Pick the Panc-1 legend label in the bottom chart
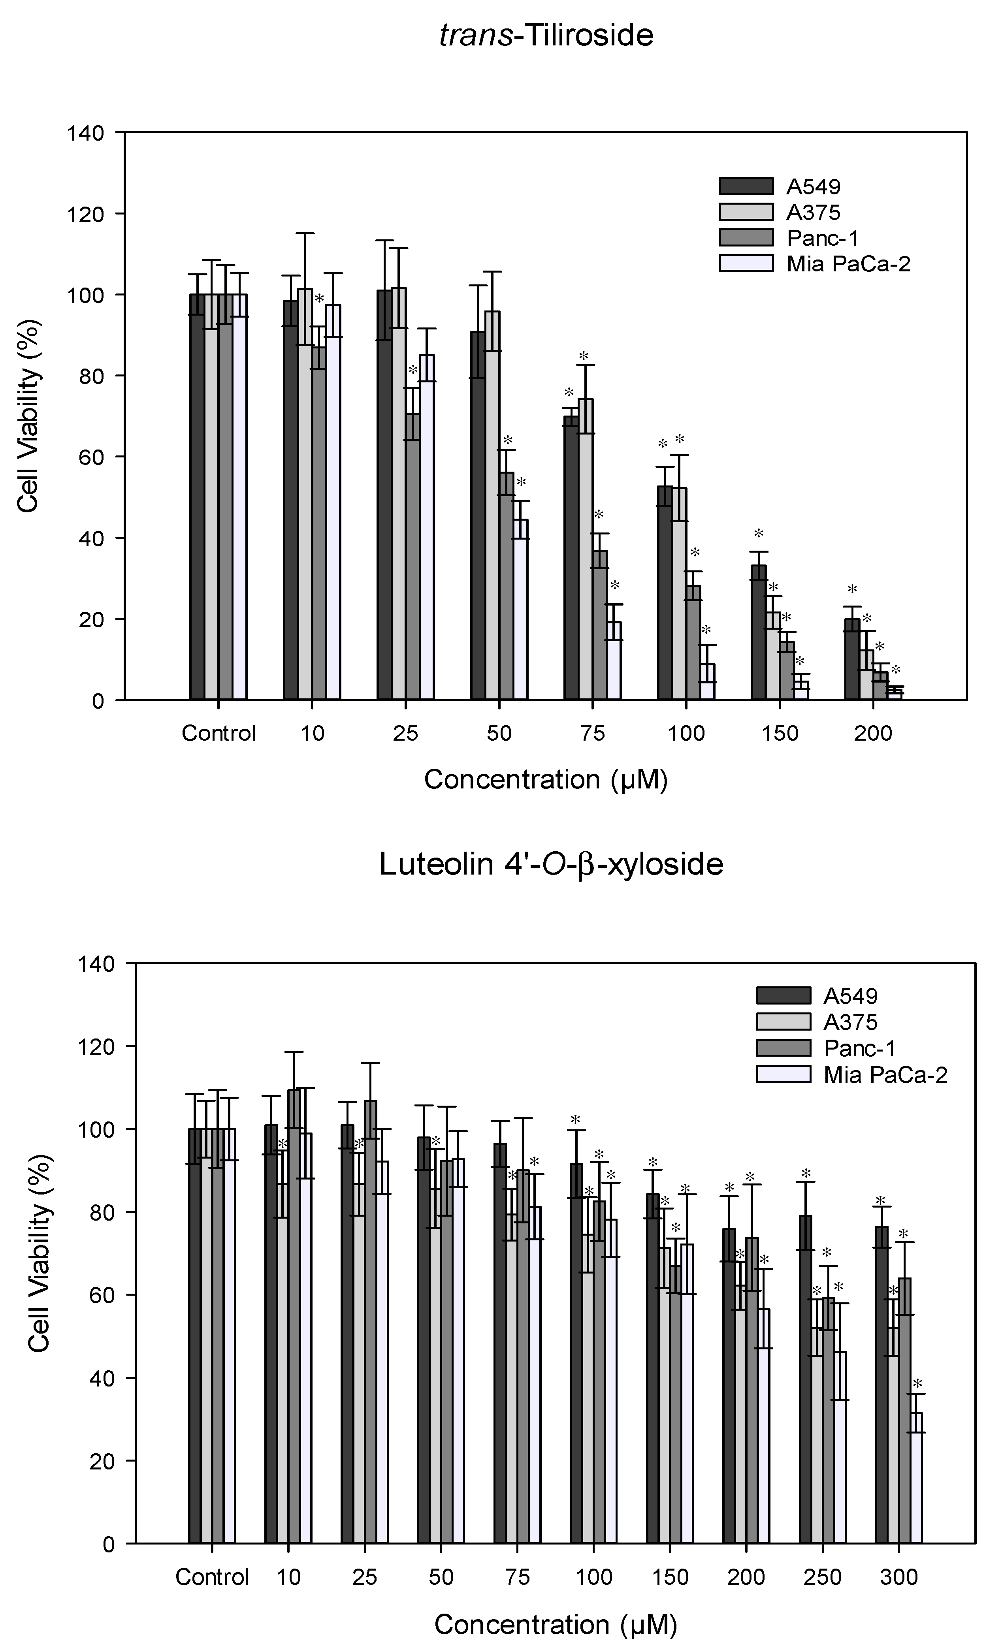point(859,1048)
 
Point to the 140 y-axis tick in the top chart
point(86,133)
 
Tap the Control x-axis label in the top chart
point(219,733)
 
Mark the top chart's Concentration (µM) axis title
point(546,779)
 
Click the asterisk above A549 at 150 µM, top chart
point(759,534)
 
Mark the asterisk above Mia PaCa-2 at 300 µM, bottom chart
point(917,1384)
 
